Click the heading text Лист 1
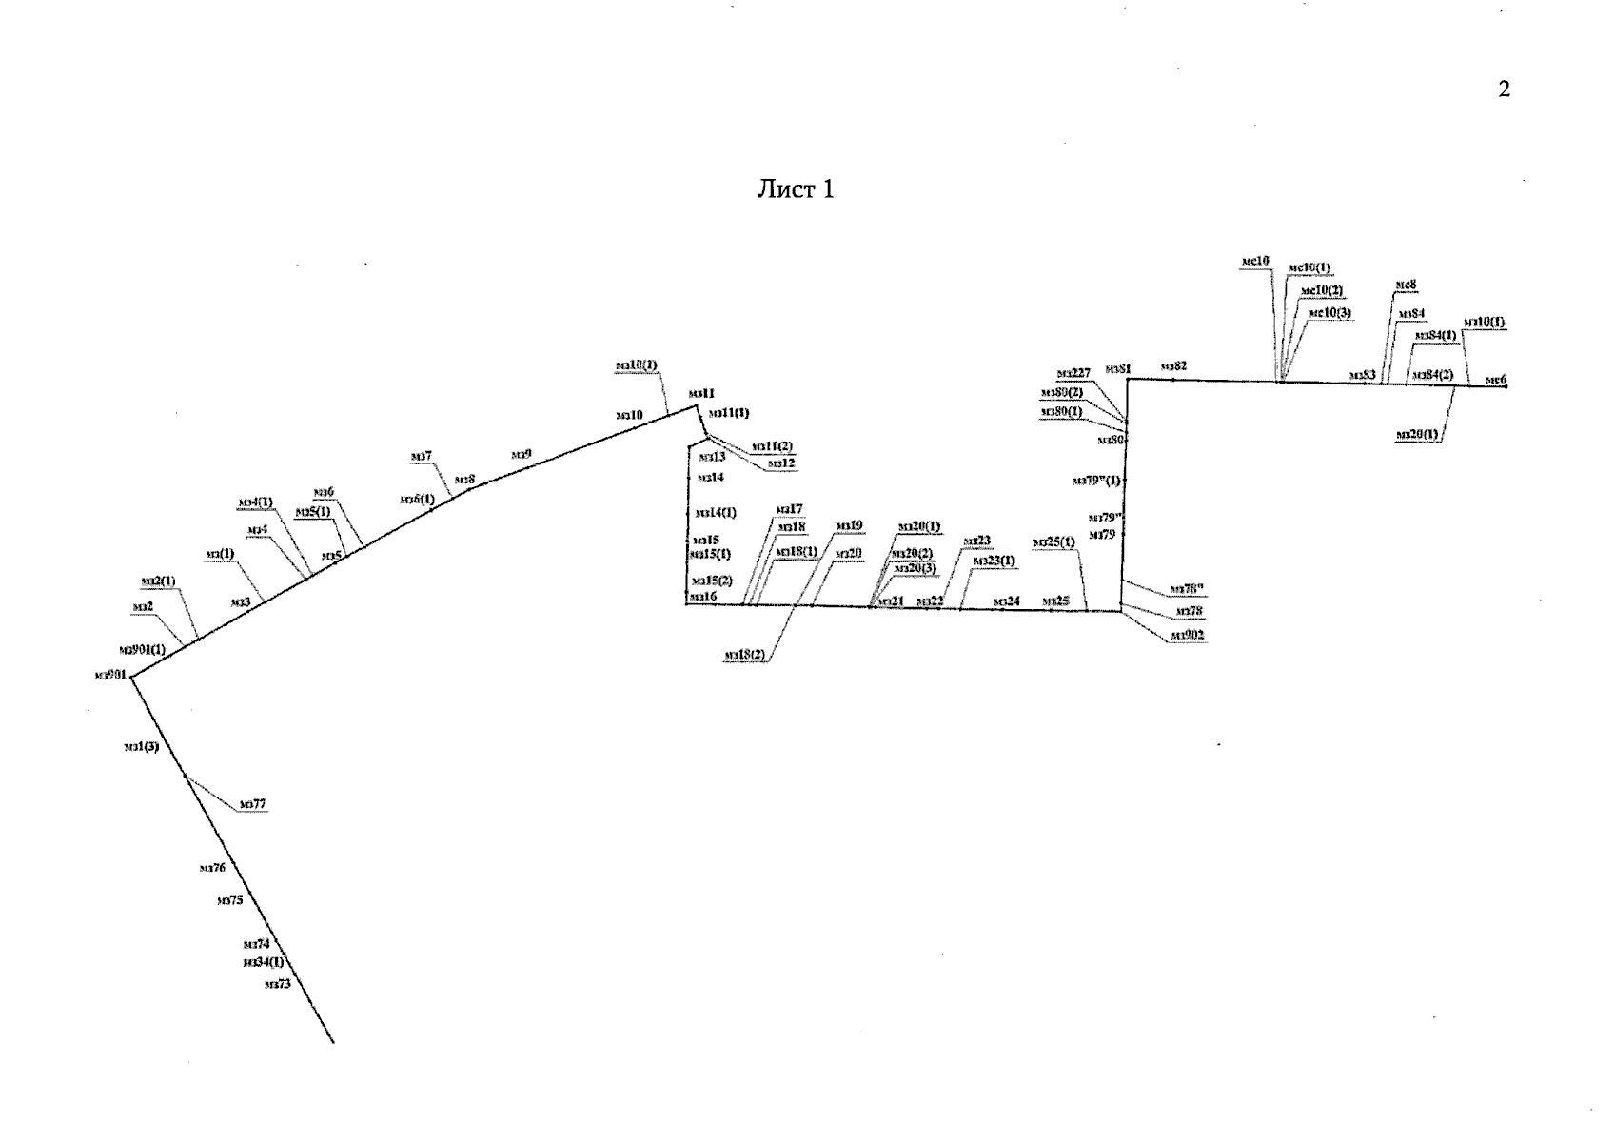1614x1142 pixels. pos(795,189)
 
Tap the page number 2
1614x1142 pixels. pos(1504,90)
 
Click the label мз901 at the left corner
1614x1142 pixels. pos(111,676)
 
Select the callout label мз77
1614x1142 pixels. pos(252,804)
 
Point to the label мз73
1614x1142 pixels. pos(278,984)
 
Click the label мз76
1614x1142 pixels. pos(212,867)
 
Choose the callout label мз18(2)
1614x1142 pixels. pos(744,655)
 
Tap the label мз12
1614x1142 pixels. pos(781,463)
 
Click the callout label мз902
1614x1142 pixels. pos(1188,635)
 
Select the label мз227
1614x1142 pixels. pos(1073,373)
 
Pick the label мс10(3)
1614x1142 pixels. pos(1329,313)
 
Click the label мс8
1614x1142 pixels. pos(1406,285)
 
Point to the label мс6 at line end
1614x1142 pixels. pos(1496,380)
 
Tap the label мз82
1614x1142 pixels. pos(1173,365)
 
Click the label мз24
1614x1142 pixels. pos(1006,601)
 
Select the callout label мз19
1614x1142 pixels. pos(849,525)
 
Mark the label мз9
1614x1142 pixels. pos(521,454)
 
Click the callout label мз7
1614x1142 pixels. pos(421,457)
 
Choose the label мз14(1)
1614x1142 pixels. pos(717,513)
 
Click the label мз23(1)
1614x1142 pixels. pos(994,561)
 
